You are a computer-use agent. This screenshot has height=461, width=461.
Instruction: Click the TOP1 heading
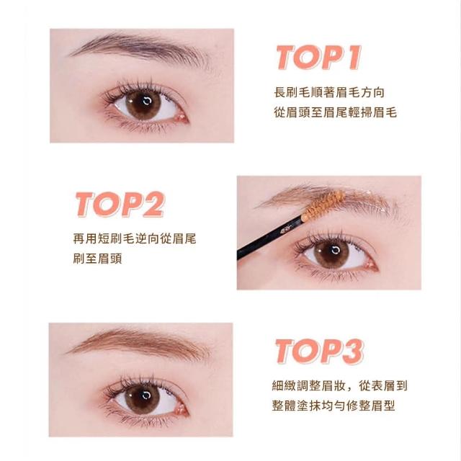tap(318, 58)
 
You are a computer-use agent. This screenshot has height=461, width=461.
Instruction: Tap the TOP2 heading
tap(120, 205)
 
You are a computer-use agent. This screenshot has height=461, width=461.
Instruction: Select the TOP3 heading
tap(320, 352)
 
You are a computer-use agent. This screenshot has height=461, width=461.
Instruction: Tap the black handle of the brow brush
tap(269, 238)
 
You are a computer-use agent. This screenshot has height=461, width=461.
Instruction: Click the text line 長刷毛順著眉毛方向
tap(329, 92)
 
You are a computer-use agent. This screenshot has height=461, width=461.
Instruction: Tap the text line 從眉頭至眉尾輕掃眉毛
tap(336, 112)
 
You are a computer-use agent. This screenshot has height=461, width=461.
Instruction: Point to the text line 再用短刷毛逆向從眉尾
tap(135, 238)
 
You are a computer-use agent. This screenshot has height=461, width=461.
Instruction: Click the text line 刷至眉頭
tap(97, 259)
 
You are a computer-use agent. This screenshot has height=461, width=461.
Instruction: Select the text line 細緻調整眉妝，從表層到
tap(339, 386)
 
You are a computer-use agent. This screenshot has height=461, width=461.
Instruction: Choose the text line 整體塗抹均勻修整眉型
tap(334, 406)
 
